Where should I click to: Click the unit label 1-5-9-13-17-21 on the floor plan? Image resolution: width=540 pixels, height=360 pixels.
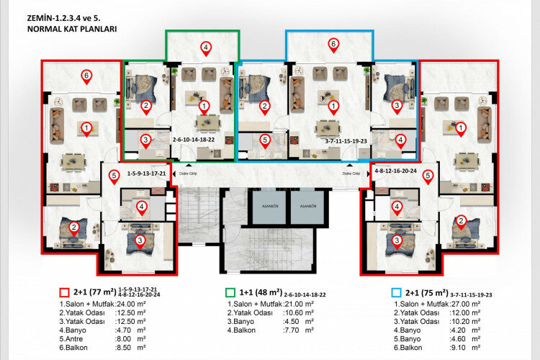(146, 174)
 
